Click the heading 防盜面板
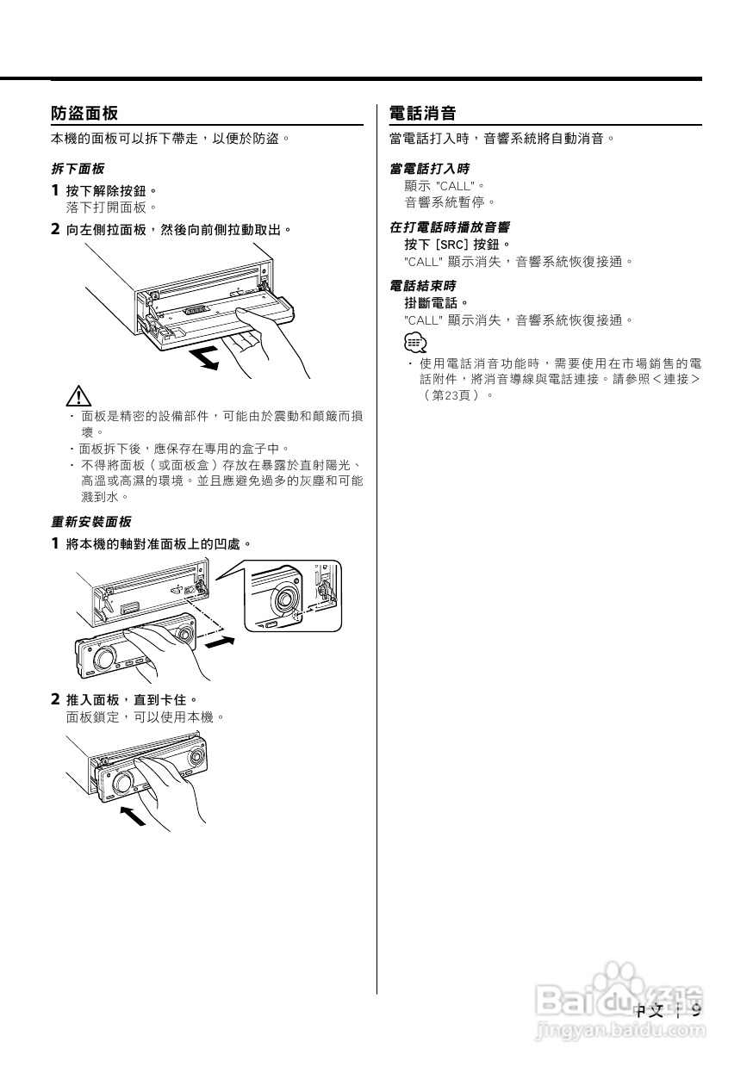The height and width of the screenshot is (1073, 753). (84, 114)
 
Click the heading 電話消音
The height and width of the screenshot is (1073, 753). (422, 114)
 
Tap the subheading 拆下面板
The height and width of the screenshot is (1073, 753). (78, 168)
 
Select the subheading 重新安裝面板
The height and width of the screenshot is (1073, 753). (91, 521)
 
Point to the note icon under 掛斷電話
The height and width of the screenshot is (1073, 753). (415, 343)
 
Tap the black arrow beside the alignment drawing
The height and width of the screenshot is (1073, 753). (220, 642)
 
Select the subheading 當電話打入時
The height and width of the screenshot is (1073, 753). (429, 168)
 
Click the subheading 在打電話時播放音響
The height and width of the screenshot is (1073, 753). (449, 227)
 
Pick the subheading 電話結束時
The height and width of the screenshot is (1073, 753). (422, 285)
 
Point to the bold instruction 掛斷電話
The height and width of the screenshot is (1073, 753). (436, 302)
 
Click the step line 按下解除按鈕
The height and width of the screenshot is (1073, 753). (112, 190)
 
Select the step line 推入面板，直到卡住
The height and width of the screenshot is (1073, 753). (132, 699)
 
